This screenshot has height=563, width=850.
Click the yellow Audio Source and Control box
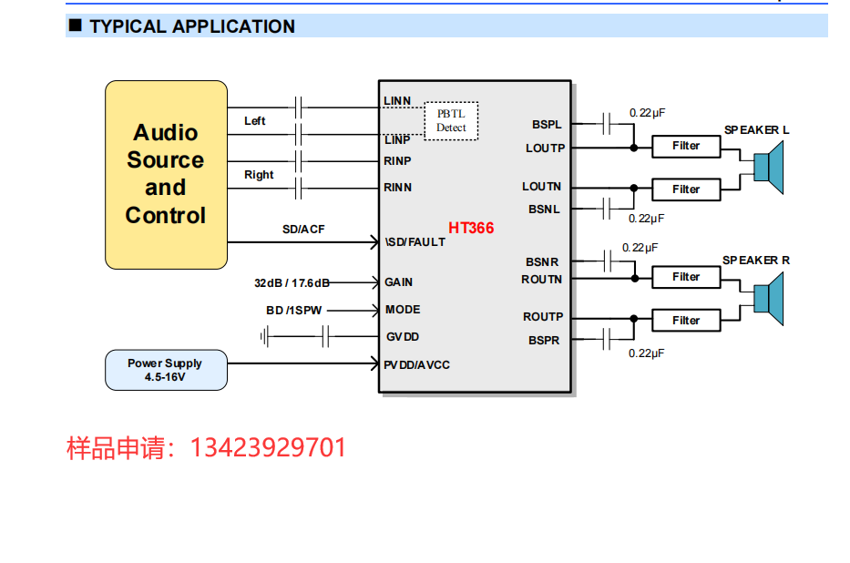click(x=166, y=174)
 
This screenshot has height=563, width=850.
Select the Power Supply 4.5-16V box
click(x=166, y=370)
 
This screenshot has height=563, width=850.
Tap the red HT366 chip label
click(x=471, y=228)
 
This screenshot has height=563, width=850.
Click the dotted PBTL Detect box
click(x=451, y=120)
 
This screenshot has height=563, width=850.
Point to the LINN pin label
click(x=397, y=100)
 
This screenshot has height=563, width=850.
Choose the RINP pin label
click(x=397, y=161)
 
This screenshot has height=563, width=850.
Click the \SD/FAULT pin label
click(x=415, y=242)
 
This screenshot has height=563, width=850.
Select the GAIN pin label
click(x=398, y=282)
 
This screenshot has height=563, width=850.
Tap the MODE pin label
click(x=402, y=310)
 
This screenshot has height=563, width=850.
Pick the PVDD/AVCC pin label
click(x=417, y=365)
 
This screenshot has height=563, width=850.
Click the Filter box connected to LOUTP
click(x=686, y=146)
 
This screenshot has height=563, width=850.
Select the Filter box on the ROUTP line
click(x=686, y=321)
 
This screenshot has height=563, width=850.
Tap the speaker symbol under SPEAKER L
click(x=769, y=168)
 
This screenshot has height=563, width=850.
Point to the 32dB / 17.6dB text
click(x=292, y=282)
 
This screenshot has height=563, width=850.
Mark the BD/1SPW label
click(x=293, y=311)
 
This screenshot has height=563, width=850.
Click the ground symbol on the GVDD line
click(x=265, y=337)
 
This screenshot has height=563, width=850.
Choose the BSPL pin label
click(x=547, y=125)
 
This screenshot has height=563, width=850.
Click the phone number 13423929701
click(x=268, y=448)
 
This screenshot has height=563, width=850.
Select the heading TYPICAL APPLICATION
click(x=192, y=26)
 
